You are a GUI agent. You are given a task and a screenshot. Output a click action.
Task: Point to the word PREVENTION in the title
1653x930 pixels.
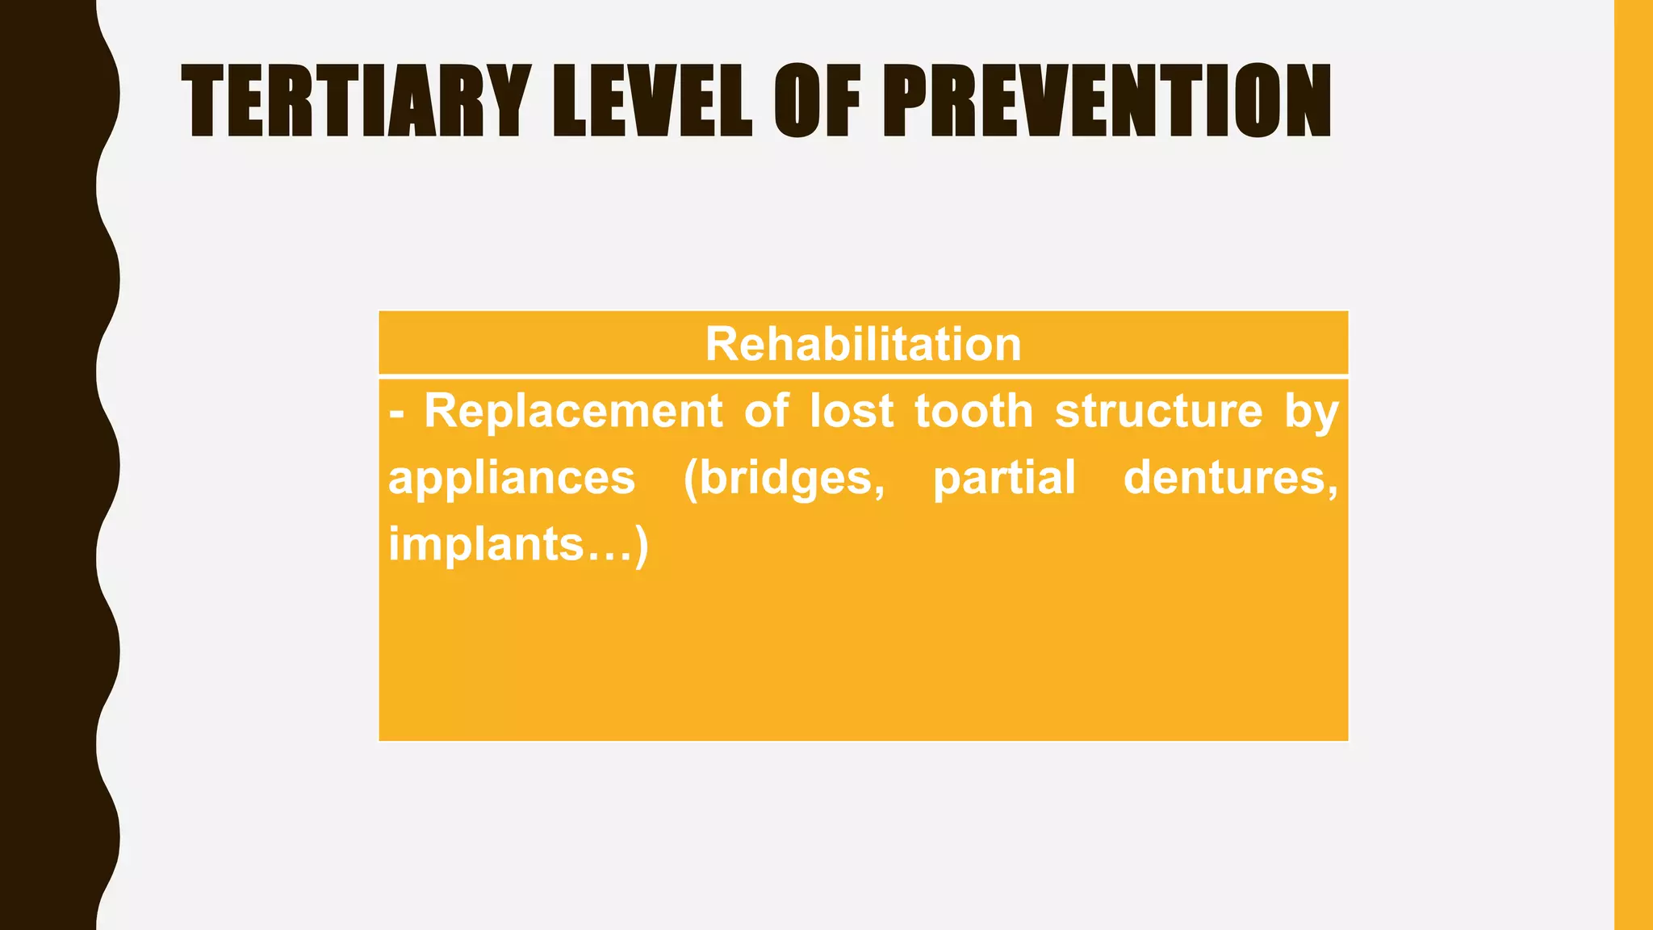1106,102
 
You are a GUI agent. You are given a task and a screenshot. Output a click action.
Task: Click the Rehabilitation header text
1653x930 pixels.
863,344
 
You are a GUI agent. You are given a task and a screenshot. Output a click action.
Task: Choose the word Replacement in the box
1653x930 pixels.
572,411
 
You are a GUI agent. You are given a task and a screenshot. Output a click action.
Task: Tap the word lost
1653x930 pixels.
851,411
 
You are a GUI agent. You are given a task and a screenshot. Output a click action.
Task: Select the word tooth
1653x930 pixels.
973,411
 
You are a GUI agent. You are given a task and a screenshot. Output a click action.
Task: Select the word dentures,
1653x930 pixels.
1230,477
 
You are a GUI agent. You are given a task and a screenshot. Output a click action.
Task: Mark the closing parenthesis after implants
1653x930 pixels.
641,546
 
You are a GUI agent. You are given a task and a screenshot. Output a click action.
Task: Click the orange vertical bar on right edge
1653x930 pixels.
1633,465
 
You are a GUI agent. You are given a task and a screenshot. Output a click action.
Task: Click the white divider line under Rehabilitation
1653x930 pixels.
863,376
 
